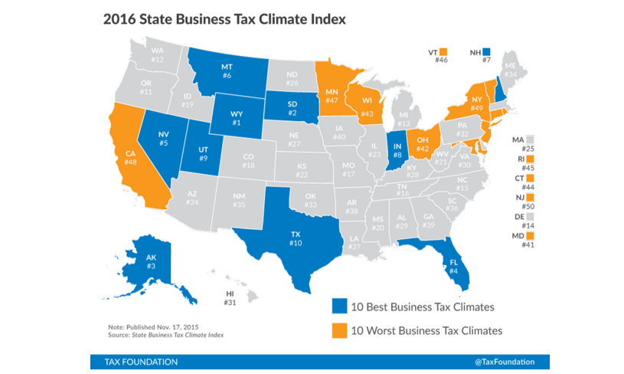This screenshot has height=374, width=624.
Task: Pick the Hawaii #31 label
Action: [230, 297]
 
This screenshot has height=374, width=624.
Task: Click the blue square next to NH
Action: [485, 51]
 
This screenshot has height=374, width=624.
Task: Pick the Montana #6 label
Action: [227, 71]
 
